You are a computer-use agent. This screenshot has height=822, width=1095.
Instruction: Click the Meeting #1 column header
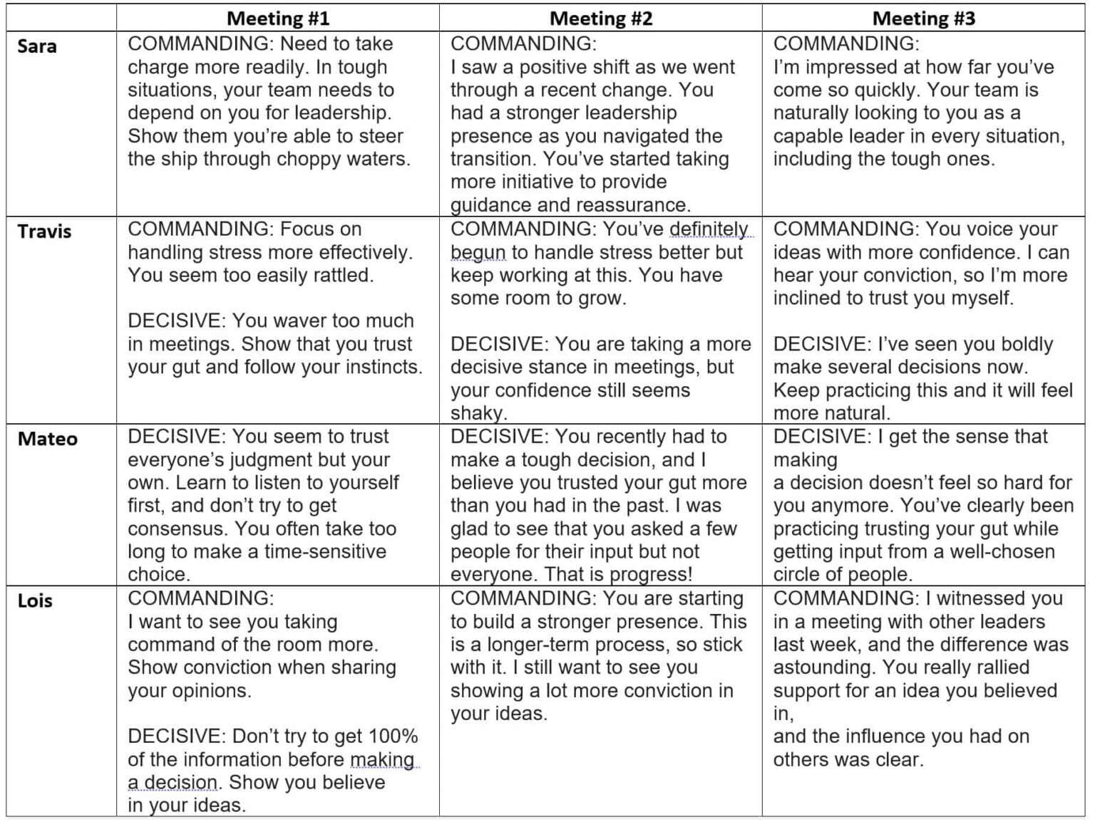(278, 19)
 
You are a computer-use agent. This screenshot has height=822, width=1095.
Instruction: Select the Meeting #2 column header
(600, 19)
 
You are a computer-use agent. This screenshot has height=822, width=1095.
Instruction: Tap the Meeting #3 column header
(923, 19)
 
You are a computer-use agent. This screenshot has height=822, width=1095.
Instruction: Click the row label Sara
(37, 46)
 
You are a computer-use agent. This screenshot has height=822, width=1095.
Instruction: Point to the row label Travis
(44, 231)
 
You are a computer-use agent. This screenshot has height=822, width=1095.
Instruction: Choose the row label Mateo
(47, 439)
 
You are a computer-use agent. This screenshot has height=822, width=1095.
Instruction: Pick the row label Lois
(35, 600)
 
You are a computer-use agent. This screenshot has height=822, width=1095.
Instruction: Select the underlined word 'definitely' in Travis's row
(709, 229)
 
